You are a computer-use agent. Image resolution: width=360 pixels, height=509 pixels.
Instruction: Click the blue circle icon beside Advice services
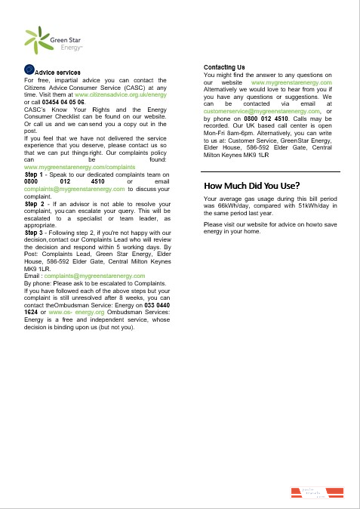pos(29,70)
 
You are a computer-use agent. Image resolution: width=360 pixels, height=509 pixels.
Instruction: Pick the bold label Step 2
pos(35,204)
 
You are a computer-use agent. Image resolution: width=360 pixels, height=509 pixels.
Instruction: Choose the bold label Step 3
pos(35,233)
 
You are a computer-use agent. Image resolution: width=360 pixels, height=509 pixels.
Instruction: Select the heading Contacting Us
pos(224,68)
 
